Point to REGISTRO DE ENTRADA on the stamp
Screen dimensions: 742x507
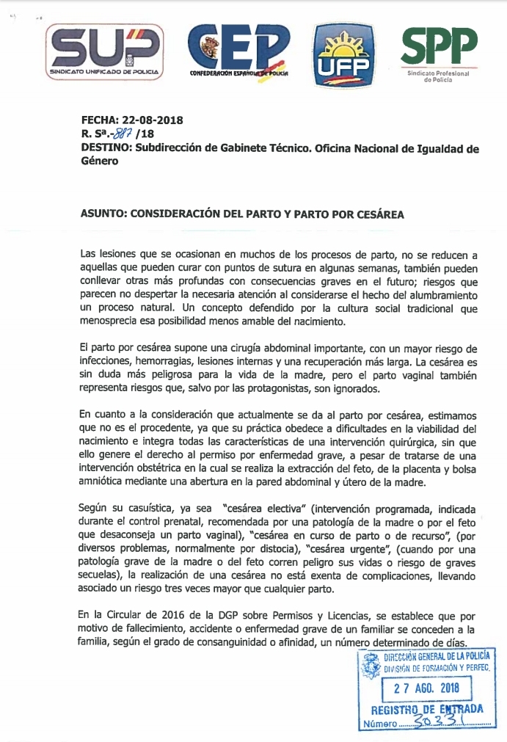click(426, 709)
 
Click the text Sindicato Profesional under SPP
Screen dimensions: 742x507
click(438, 75)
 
